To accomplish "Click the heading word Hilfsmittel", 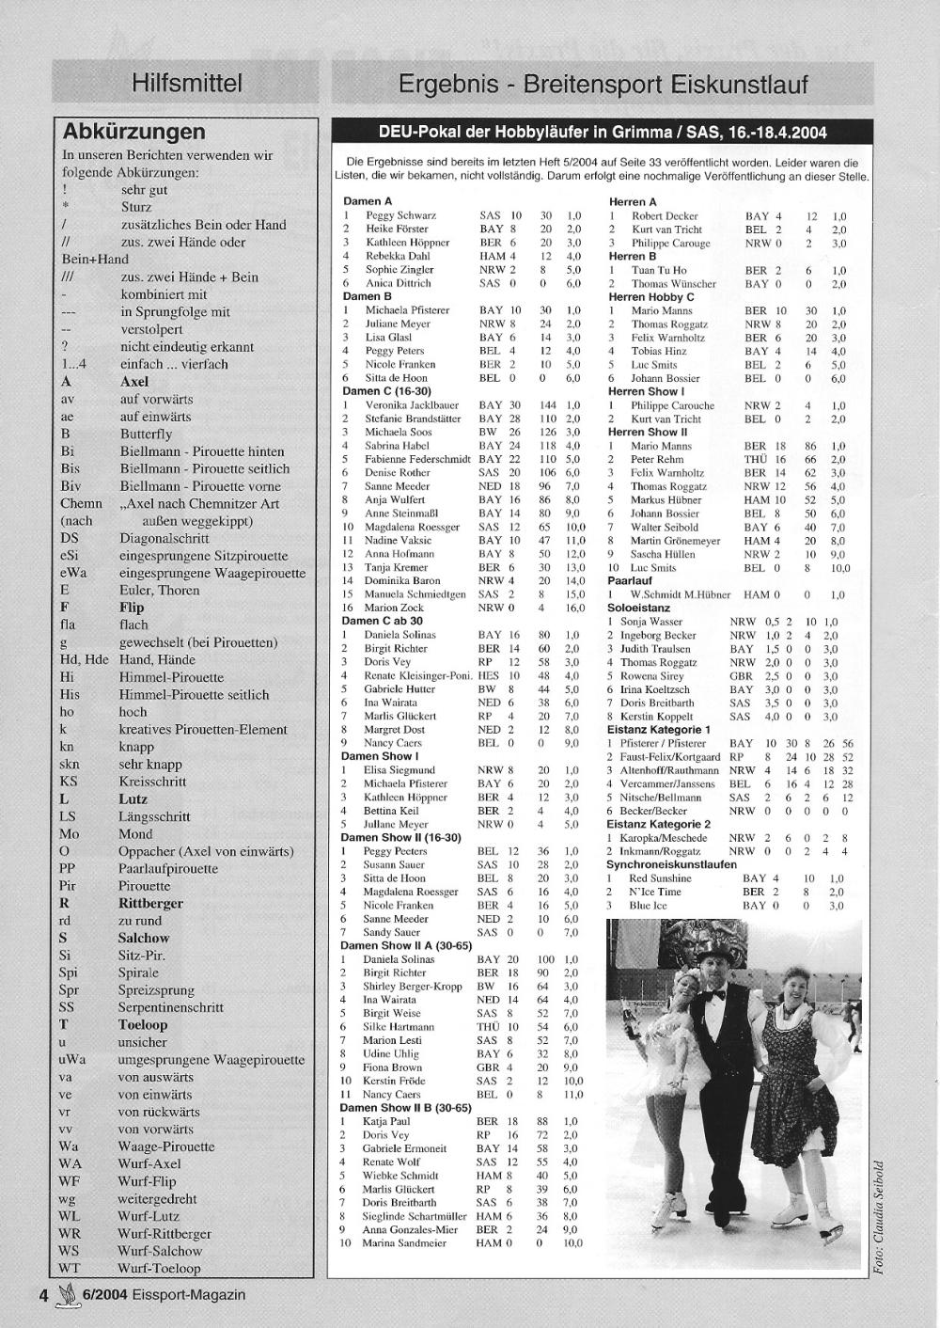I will point(187,84).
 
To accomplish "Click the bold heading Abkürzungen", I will point(133,132).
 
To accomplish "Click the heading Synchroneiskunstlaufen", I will point(671,863).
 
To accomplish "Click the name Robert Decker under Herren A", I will point(665,215).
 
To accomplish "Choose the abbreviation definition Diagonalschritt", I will point(164,539).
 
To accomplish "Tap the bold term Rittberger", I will point(151,903).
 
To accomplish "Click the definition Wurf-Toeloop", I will point(159,1268).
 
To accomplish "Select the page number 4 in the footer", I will point(43,1294).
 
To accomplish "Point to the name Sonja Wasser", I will point(651,622).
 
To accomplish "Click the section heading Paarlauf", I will point(630,581).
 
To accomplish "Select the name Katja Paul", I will point(386,1121).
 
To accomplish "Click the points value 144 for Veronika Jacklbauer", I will point(547,405).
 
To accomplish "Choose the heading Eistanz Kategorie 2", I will point(658,824).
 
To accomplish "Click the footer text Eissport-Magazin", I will point(188,1294).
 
